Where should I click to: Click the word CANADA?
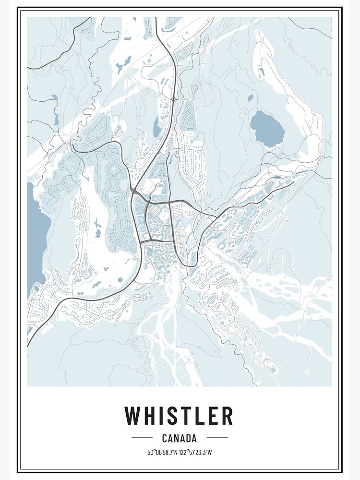click(x=180, y=438)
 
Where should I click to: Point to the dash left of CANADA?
click(x=142, y=438)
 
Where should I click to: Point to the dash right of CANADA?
click(x=217, y=438)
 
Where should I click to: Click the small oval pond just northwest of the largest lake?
click(x=250, y=98)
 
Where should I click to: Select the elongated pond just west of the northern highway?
click(x=156, y=127)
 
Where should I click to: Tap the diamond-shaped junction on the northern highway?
click(x=173, y=99)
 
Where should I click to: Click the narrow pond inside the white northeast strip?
click(x=262, y=72)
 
